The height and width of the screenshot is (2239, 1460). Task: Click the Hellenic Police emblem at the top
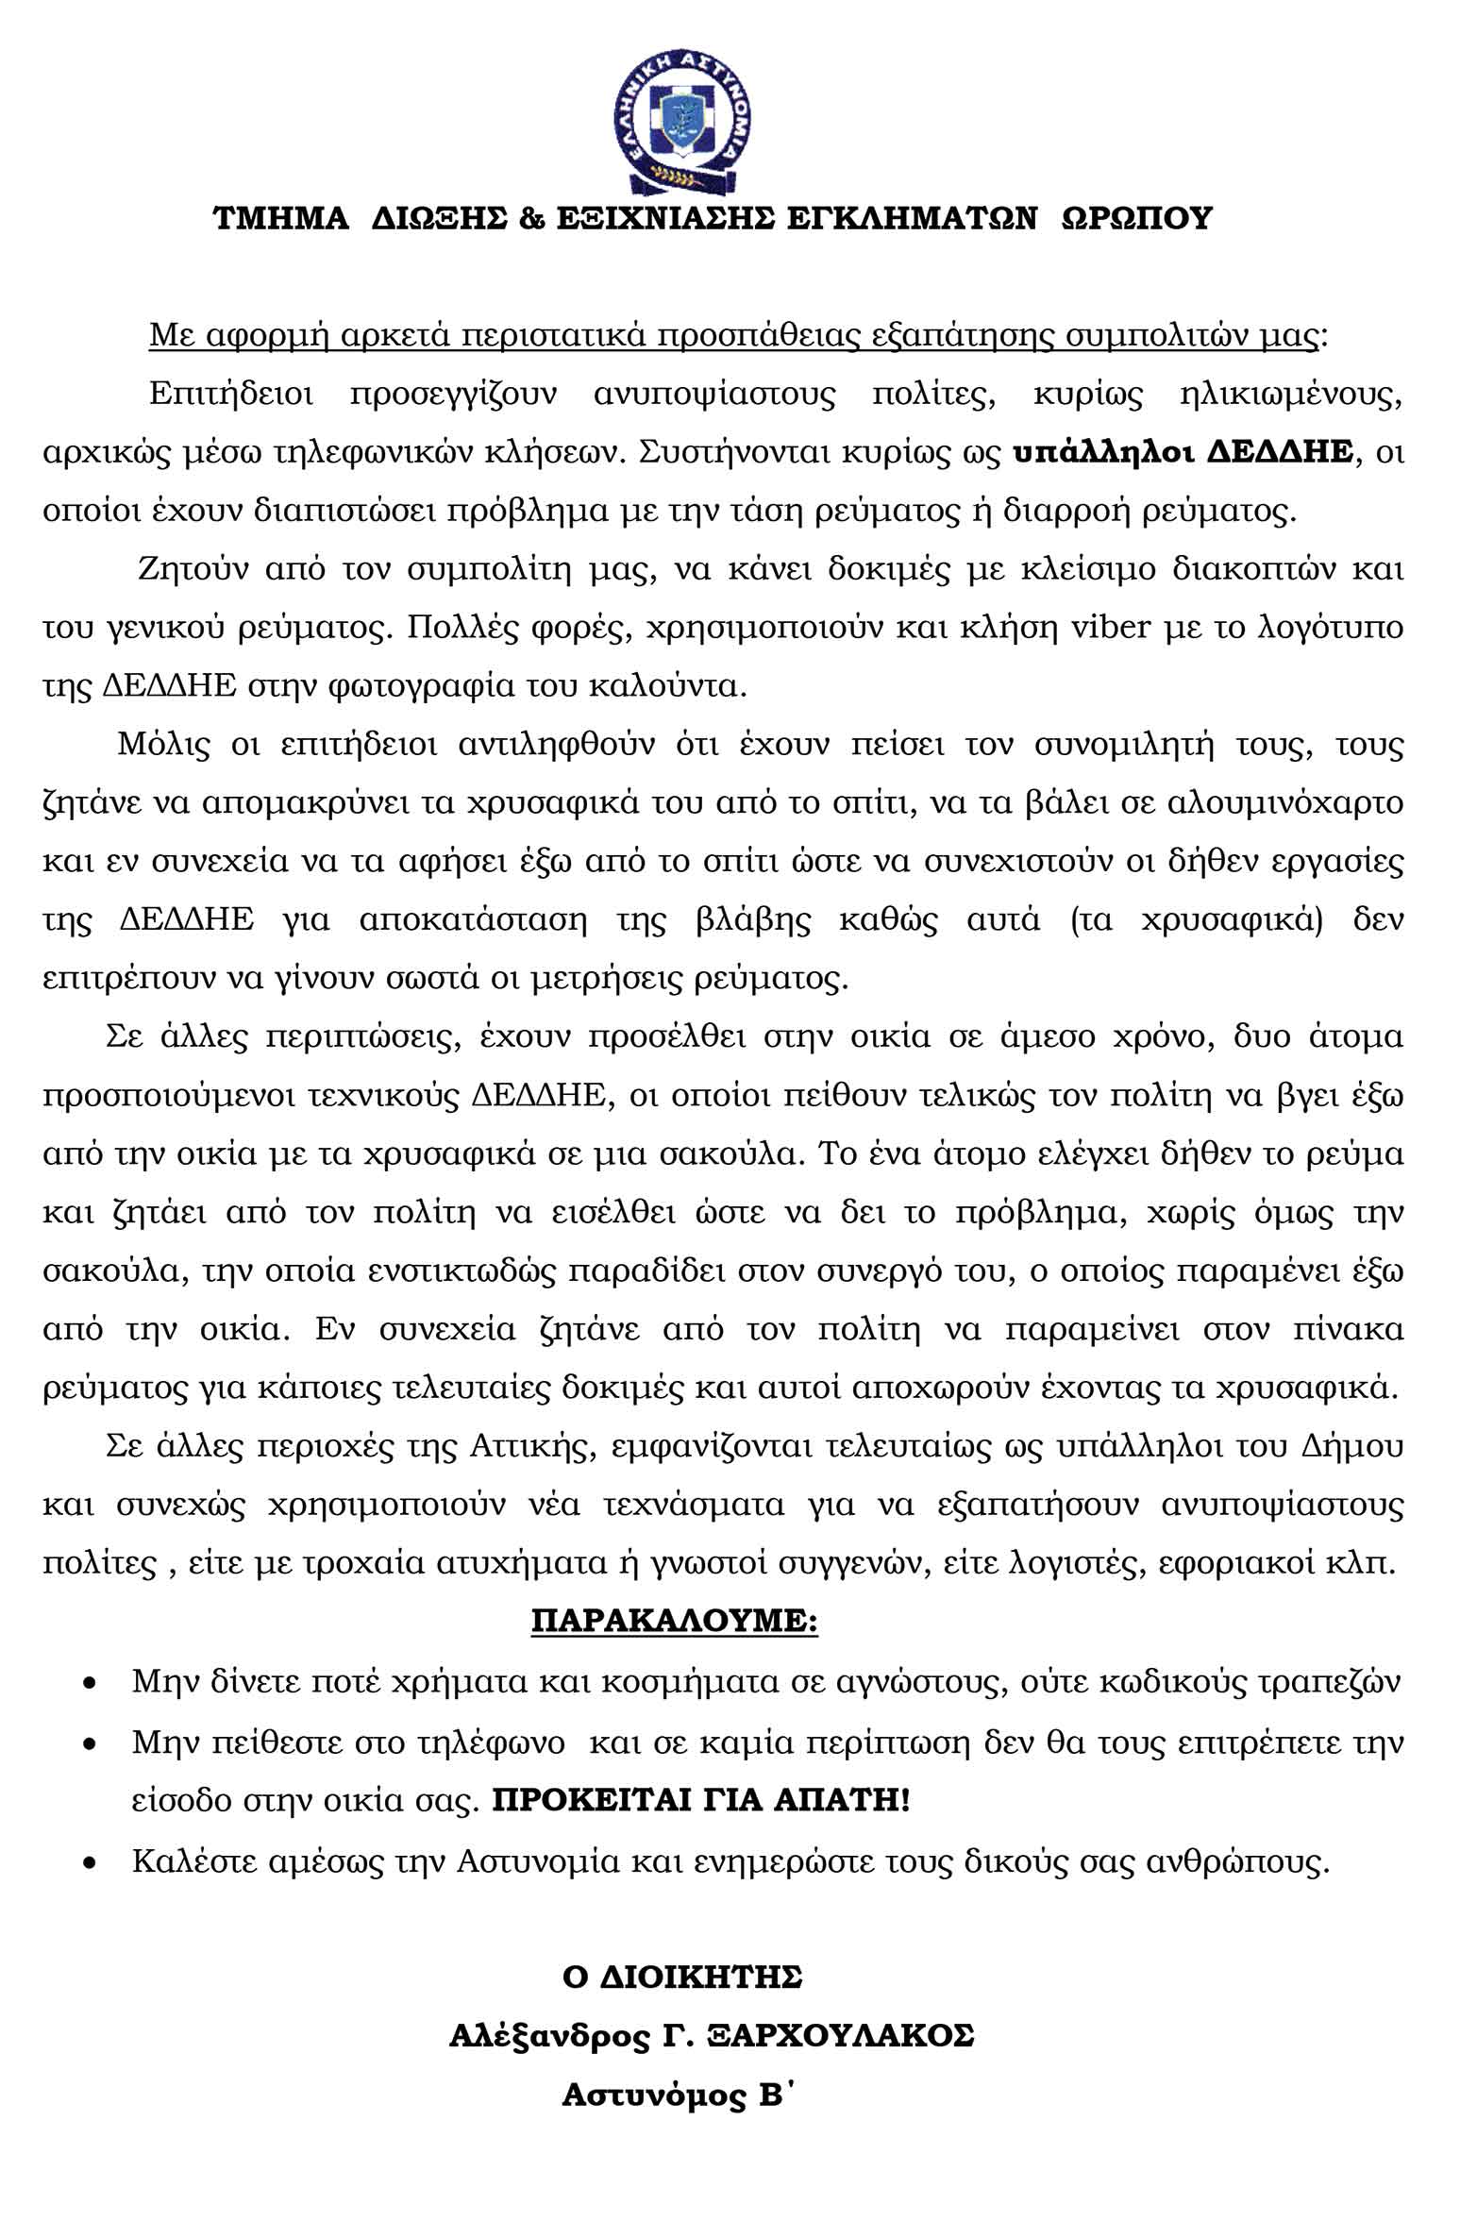pos(681,114)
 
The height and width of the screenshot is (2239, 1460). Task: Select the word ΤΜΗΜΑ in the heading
pos(280,218)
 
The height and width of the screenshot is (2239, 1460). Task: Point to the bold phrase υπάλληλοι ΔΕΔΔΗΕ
pos(1183,452)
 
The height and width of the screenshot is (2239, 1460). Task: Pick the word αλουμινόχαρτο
pos(1285,802)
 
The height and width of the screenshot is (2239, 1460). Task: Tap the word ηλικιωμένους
pos(1290,394)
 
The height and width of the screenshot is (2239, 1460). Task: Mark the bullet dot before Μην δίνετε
pos(90,1683)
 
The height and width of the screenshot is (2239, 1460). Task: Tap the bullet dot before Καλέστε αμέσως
pos(90,1860)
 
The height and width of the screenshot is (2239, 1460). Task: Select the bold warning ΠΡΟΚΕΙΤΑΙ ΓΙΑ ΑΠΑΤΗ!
pos(701,1799)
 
